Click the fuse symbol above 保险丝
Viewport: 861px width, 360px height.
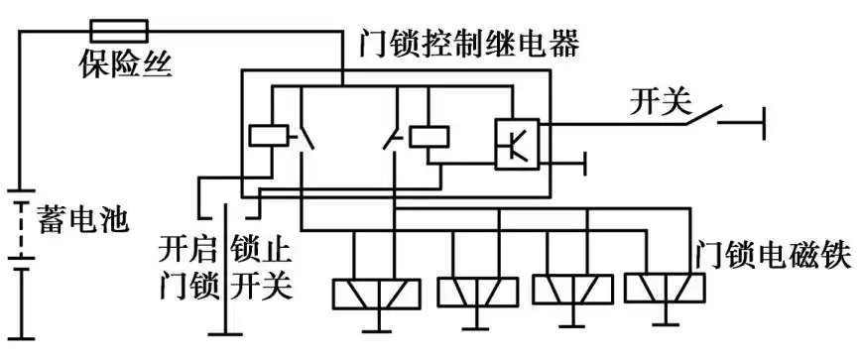click(118, 30)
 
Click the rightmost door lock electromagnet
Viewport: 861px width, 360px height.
click(664, 288)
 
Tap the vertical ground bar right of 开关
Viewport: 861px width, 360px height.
click(765, 124)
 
